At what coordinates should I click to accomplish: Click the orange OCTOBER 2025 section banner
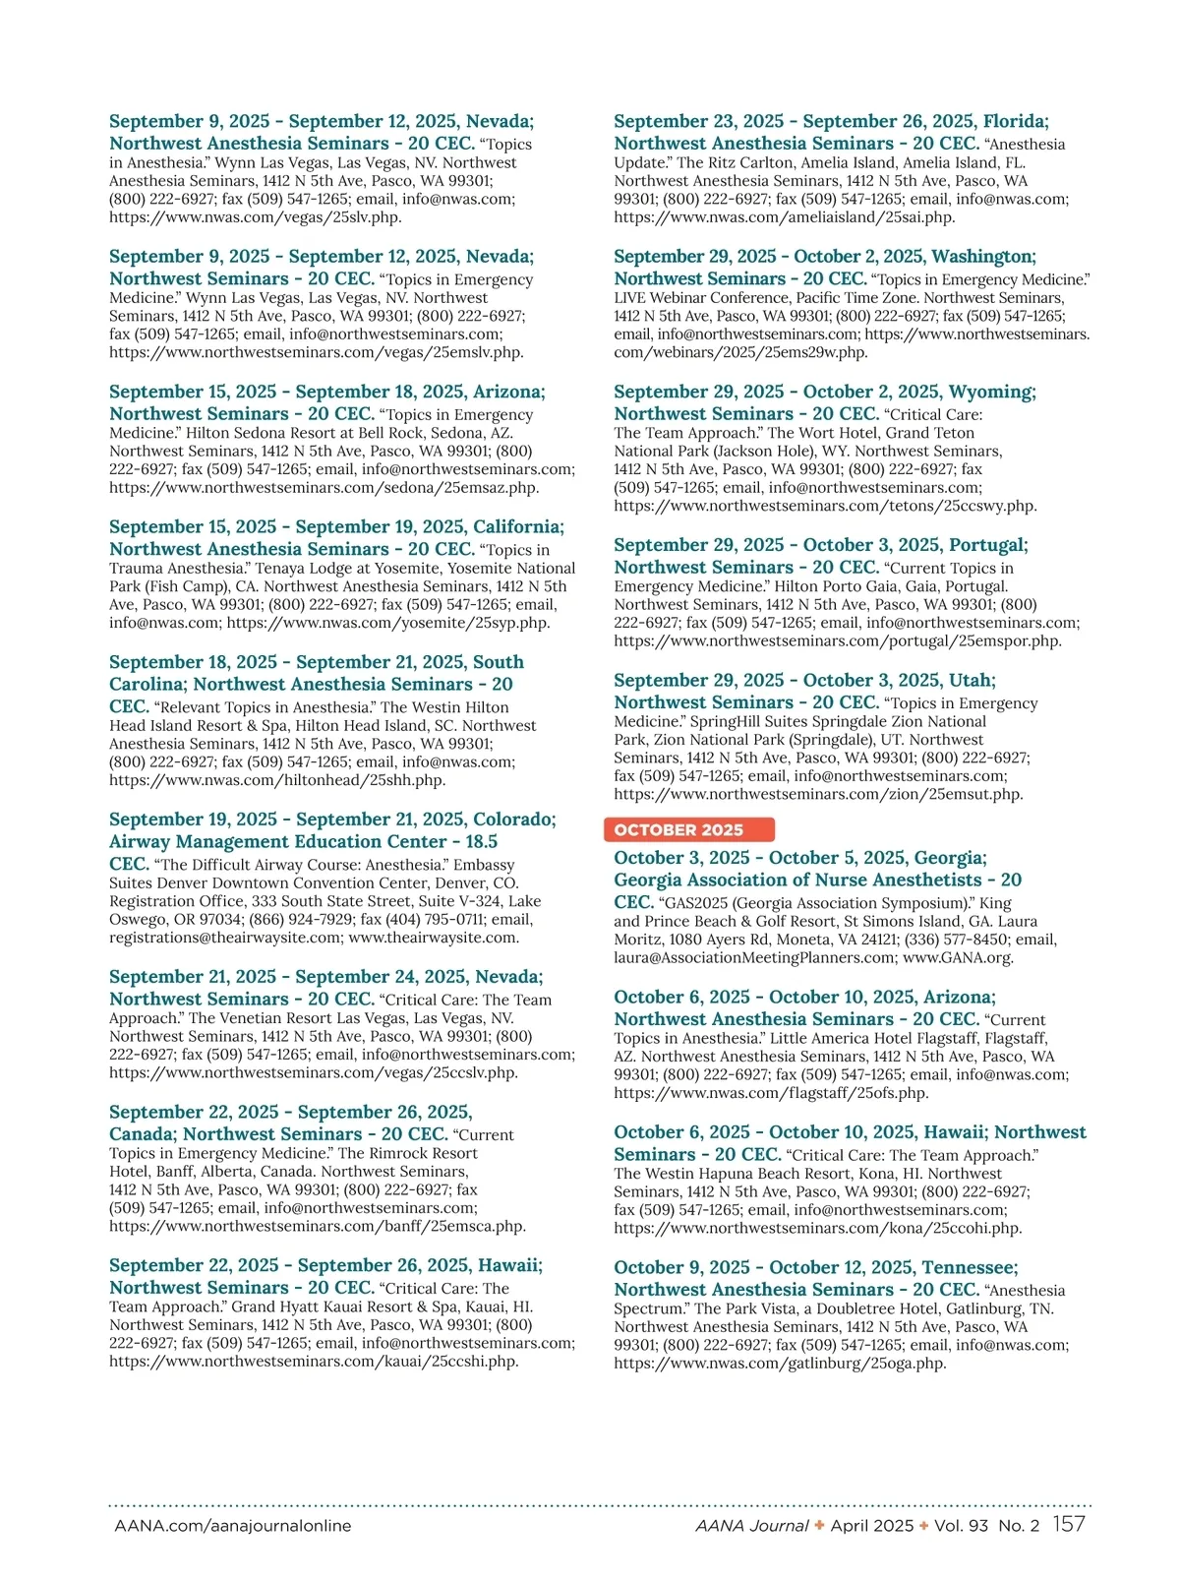click(x=688, y=829)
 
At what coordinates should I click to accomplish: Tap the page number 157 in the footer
click(x=1069, y=1525)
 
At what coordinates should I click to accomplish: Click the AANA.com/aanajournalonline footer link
click(x=233, y=1526)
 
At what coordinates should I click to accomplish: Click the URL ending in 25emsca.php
click(x=318, y=1226)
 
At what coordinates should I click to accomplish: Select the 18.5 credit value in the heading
click(x=482, y=842)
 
